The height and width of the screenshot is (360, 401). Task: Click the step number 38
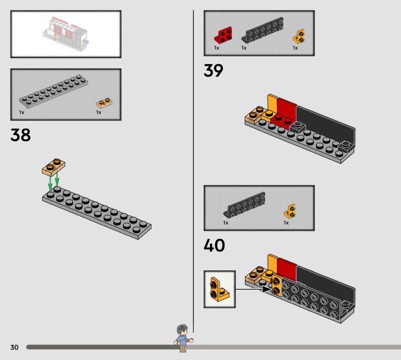tap(21, 135)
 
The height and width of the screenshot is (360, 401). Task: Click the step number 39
tap(214, 70)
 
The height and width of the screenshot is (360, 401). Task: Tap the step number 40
tap(215, 245)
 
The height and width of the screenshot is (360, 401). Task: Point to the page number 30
tap(15, 347)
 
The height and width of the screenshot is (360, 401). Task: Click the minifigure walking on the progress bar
tap(183, 338)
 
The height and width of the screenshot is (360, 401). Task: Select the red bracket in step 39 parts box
tap(223, 35)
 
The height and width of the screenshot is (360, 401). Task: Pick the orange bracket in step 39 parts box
tap(299, 36)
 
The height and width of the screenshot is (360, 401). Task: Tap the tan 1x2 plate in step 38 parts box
tap(104, 103)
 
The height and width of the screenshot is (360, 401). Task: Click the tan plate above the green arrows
tap(54, 167)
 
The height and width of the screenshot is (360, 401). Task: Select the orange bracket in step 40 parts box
tap(290, 211)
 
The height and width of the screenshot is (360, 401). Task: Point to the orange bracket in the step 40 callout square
tap(219, 289)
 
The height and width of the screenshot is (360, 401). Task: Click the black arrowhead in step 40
tap(267, 289)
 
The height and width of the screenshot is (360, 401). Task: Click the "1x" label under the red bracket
tap(217, 48)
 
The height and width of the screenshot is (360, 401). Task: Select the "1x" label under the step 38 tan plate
tap(99, 112)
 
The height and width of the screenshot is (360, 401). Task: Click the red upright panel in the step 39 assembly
tap(287, 109)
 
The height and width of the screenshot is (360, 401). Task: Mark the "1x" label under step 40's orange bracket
tap(286, 223)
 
